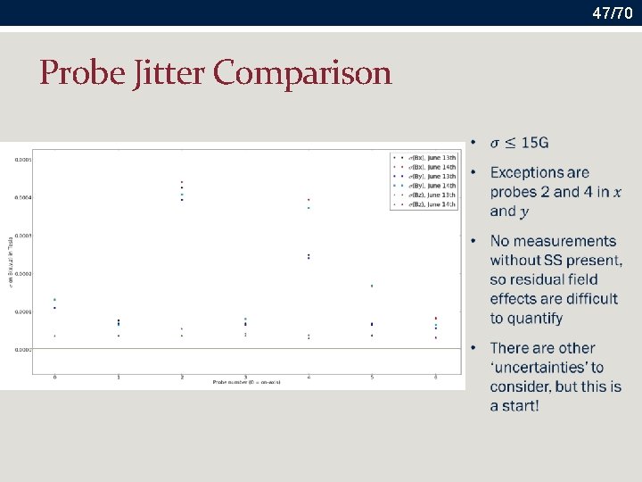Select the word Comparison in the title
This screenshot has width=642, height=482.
click(x=303, y=72)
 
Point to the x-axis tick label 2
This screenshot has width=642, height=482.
click(x=182, y=377)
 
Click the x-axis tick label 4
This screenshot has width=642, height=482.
click(x=309, y=377)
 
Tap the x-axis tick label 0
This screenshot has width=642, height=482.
click(x=55, y=377)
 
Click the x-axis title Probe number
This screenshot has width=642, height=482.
click(x=245, y=382)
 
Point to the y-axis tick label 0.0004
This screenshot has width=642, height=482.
click(x=22, y=197)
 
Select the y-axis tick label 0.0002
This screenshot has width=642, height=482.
click(x=22, y=273)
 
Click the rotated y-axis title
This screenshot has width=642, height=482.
click(x=10, y=267)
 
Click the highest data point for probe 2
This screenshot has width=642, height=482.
click(x=182, y=182)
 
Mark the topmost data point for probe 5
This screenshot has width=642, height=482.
click(x=372, y=286)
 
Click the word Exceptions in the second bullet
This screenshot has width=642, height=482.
click(x=527, y=172)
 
